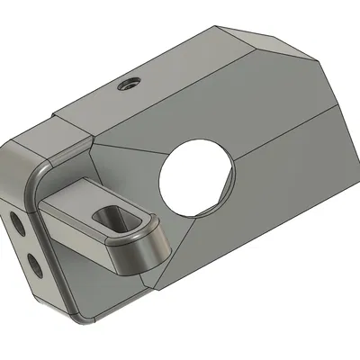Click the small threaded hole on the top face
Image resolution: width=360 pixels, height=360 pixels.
tap(125, 85)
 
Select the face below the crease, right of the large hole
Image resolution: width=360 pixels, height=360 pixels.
tap(288, 189)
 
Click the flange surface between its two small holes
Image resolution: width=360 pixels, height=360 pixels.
tap(25, 243)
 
